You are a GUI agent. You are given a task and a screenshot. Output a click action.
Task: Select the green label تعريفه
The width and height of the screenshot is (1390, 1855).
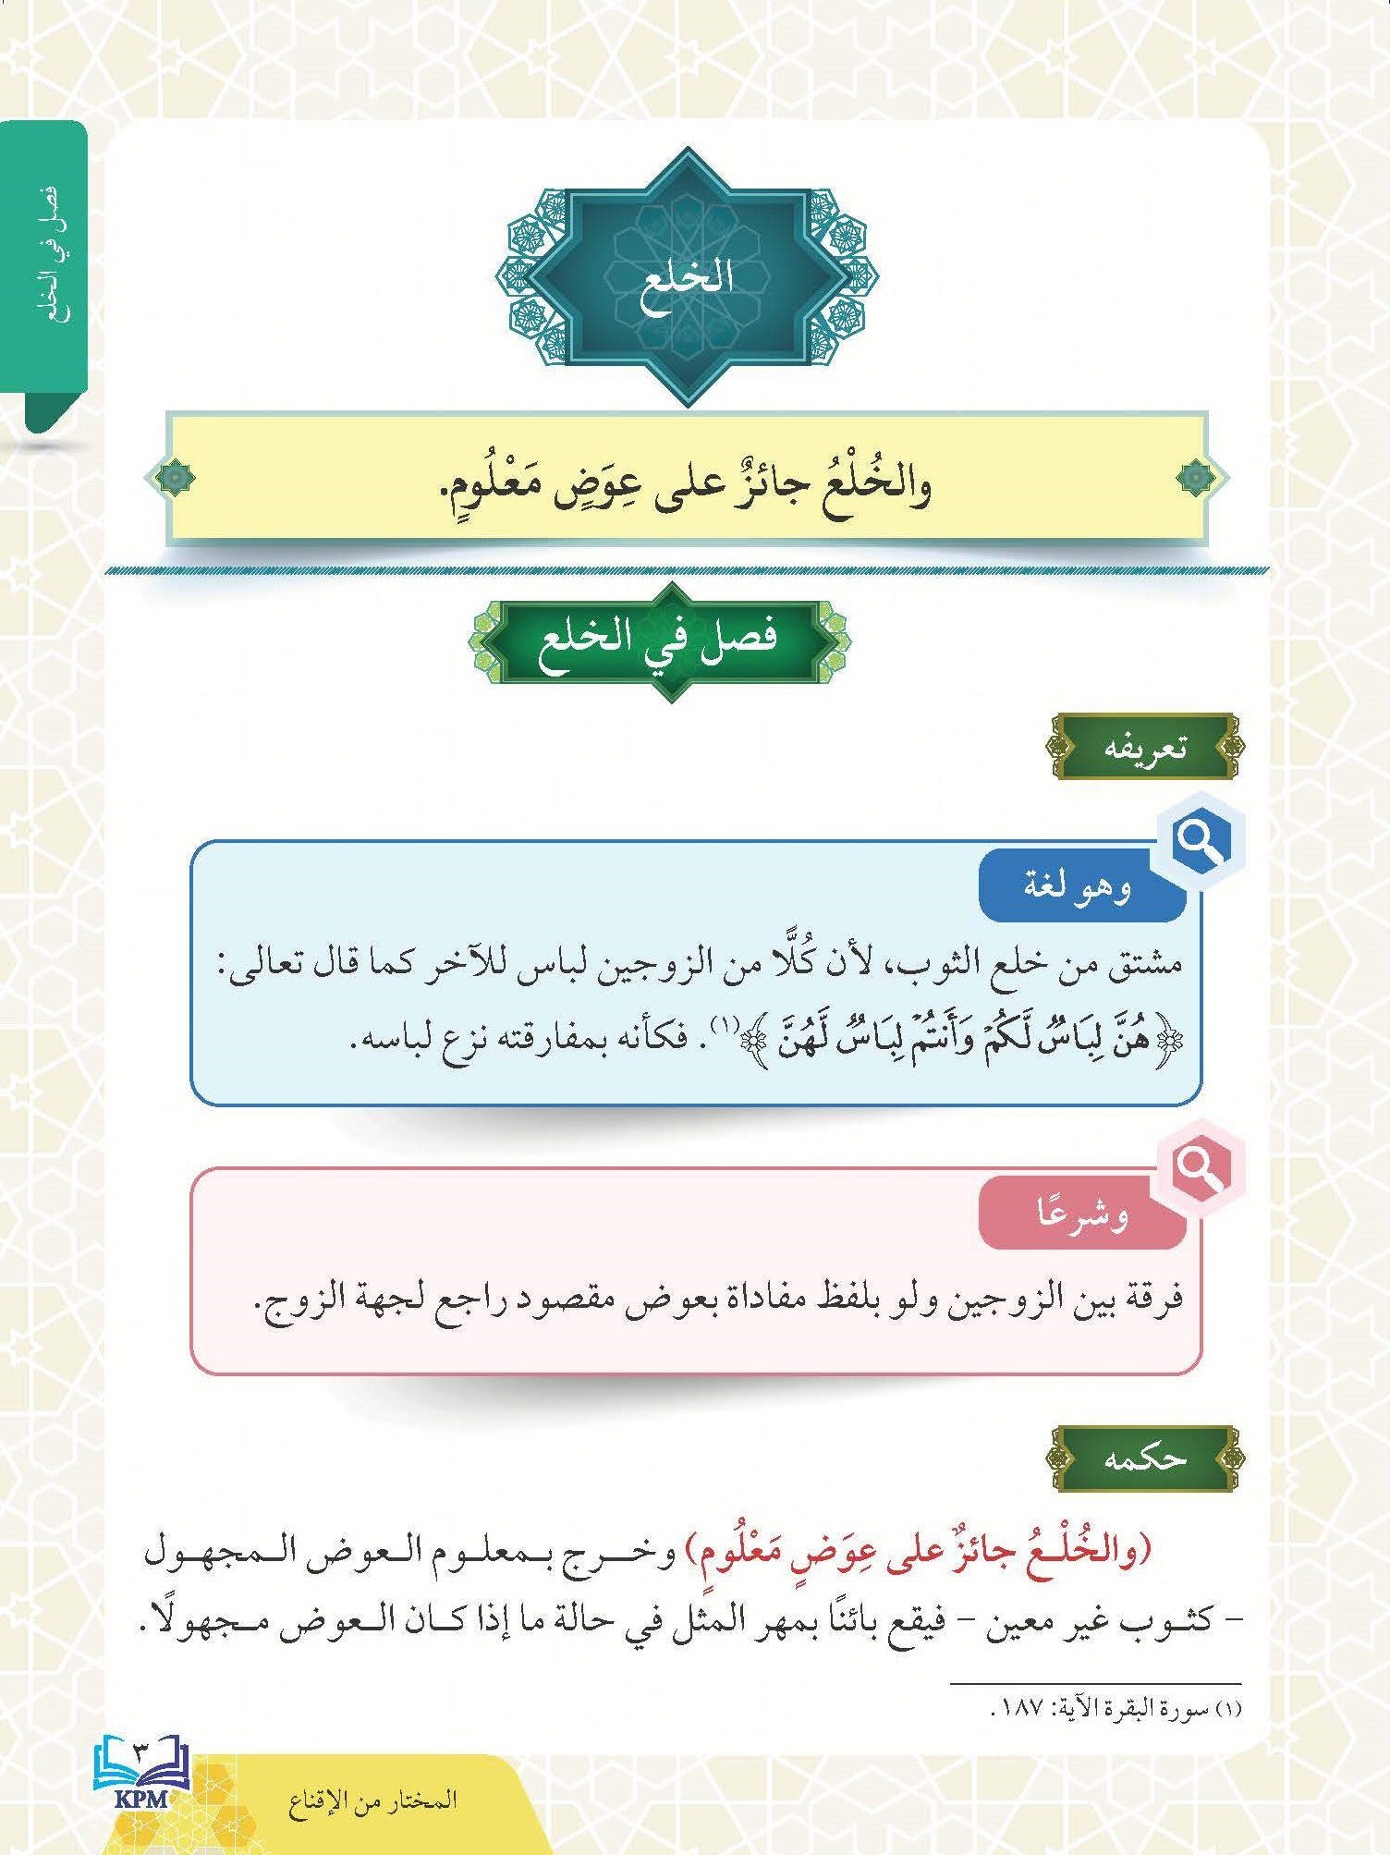tap(1146, 747)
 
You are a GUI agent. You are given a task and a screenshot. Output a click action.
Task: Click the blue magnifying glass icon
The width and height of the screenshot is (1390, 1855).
tap(1200, 841)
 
